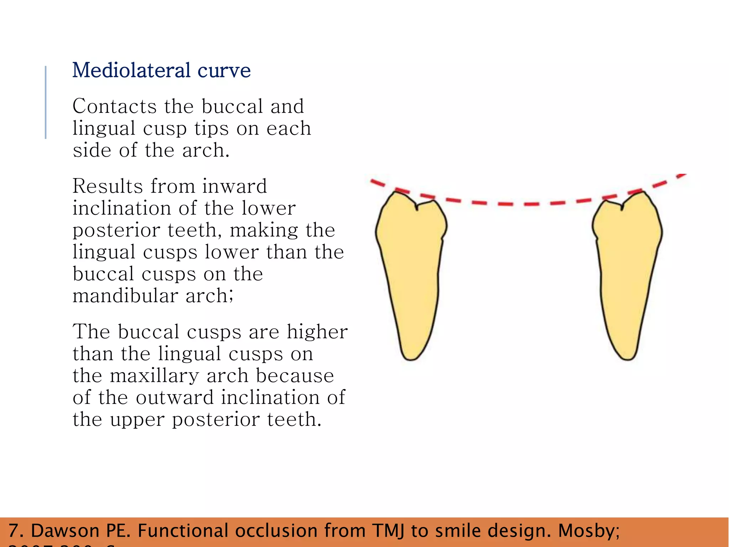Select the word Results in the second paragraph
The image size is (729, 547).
pyautogui.click(x=107, y=186)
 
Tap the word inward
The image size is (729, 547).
pyautogui.click(x=234, y=186)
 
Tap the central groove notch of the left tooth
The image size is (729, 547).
pyautogui.click(x=416, y=207)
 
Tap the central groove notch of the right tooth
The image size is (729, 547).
pyautogui.click(x=622, y=207)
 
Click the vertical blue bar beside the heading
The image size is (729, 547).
pyautogui.click(x=46, y=102)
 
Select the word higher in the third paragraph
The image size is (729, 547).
pyautogui.click(x=317, y=332)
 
